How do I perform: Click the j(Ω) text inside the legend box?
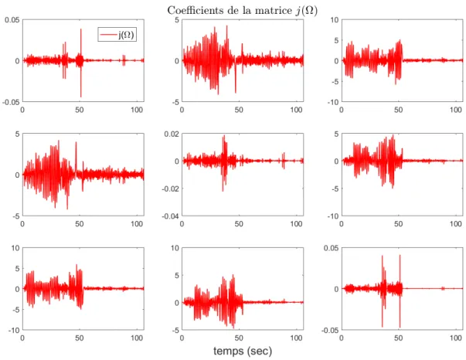tap(126, 35)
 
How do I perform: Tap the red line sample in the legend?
tap(108, 35)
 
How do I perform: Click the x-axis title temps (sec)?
tap(243, 351)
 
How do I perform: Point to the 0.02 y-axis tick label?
tap(172, 134)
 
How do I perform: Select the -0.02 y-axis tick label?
tap(170, 188)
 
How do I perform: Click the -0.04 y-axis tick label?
tap(170, 216)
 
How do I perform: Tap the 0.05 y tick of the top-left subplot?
tap(12, 20)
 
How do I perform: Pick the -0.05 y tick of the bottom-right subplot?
tap(330, 330)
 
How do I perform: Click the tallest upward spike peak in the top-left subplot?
tap(80, 29)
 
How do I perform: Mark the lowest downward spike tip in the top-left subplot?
tap(80, 97)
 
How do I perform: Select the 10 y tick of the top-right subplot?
tap(335, 20)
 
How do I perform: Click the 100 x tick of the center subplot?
tap(296, 224)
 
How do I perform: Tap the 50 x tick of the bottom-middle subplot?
tap(239, 338)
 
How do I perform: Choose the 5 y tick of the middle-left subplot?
tap(17, 134)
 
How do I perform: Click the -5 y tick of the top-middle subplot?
tap(175, 102)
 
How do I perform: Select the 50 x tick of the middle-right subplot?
tap(399, 224)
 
